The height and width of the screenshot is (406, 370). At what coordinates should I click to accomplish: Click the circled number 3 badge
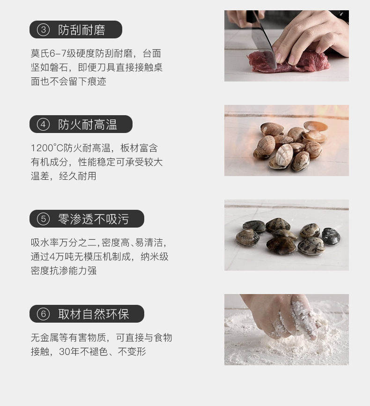pos(43,30)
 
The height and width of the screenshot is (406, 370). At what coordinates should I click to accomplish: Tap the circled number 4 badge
pos(43,124)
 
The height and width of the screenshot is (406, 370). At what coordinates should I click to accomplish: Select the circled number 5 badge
pos(43,219)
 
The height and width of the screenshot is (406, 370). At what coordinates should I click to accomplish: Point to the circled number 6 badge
pos(43,314)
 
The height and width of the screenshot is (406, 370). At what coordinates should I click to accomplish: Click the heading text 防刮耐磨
pos(81,30)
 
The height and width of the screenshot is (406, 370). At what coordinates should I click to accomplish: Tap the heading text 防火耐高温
pos(88,125)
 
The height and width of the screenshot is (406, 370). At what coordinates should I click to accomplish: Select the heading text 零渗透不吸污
pos(94,219)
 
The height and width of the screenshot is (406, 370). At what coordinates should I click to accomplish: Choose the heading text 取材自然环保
pos(94,314)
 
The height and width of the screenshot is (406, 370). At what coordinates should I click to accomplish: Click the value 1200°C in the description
pos(47,148)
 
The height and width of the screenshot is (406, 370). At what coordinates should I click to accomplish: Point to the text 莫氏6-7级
pos(53,53)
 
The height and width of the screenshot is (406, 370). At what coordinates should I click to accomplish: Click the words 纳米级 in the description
pos(155,257)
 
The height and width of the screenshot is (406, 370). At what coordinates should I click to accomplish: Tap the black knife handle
pos(252,19)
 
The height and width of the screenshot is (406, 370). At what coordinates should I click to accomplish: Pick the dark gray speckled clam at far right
pos(331,236)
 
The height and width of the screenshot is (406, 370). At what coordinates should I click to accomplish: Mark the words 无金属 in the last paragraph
pos(45,338)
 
